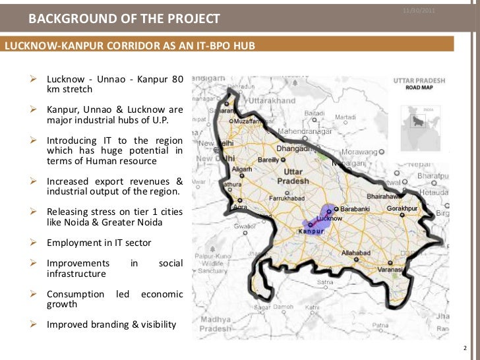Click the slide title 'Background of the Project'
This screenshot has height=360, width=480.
(124, 19)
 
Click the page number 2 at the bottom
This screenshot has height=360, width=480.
(465, 347)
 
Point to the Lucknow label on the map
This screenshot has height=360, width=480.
(329, 218)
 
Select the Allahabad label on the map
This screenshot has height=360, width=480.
(356, 253)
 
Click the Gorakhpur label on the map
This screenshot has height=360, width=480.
(403, 208)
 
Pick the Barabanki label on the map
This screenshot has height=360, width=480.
(355, 209)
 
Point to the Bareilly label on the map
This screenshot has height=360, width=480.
(268, 160)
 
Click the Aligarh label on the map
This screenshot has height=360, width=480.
(241, 169)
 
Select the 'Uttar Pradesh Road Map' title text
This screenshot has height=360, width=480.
(419, 84)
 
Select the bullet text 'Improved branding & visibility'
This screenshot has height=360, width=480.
(111, 324)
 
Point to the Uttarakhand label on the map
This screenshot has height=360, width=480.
(272, 101)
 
